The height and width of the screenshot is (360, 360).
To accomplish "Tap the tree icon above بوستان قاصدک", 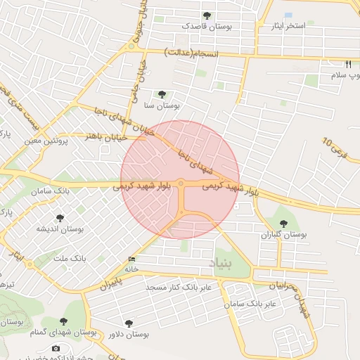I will click(x=207, y=15).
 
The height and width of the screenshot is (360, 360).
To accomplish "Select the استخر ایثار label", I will click(x=288, y=26).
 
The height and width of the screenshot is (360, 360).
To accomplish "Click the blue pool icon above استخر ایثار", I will click(x=288, y=15).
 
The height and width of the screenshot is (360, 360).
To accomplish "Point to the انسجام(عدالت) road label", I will click(x=191, y=53).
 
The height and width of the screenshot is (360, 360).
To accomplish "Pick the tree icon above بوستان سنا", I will click(x=162, y=94).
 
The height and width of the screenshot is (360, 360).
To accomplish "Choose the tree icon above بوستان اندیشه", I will click(x=60, y=218).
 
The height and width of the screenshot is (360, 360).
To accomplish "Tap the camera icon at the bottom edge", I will click(x=56, y=349).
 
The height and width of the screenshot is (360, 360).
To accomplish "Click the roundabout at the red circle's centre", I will click(x=181, y=184).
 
